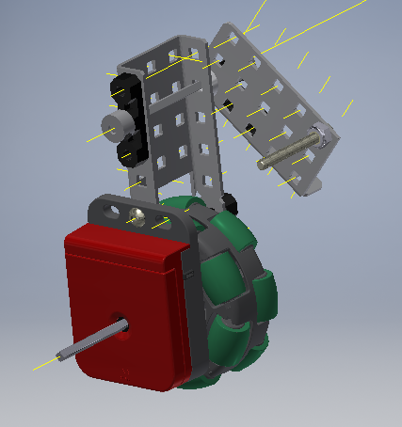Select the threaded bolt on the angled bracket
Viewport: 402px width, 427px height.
pos(287,152)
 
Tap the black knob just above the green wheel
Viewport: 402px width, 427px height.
pos(229,201)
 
